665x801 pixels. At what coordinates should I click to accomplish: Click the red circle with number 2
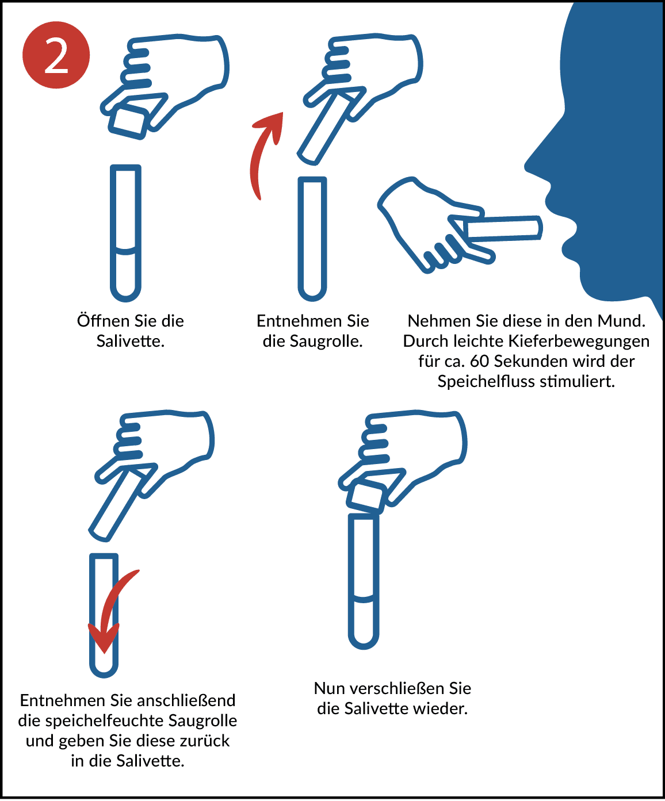pyautogui.click(x=56, y=55)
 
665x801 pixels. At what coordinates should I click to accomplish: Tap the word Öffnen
pyautogui.click(x=104, y=321)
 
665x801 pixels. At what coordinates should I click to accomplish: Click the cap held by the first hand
pyautogui.click(x=129, y=122)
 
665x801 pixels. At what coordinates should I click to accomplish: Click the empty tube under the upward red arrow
pyautogui.click(x=312, y=239)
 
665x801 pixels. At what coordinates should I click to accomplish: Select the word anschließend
pyautogui.click(x=186, y=701)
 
